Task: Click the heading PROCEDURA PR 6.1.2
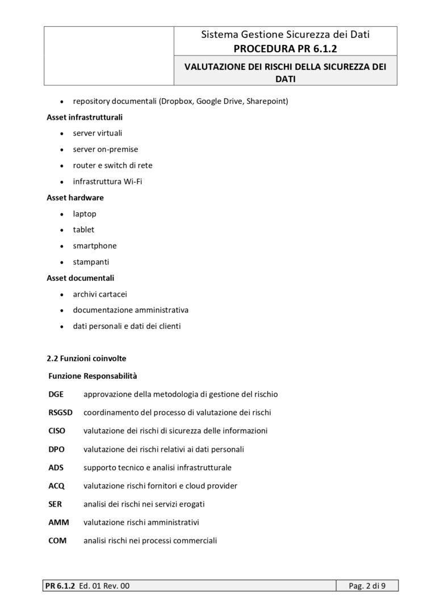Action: click(x=285, y=49)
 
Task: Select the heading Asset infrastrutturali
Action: click(x=84, y=117)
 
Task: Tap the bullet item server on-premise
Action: click(x=105, y=149)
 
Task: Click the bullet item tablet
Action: click(x=83, y=230)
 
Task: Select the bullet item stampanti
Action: click(x=91, y=262)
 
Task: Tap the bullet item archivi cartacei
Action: click(x=100, y=294)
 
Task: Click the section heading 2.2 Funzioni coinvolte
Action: click(x=86, y=358)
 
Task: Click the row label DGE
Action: click(x=56, y=394)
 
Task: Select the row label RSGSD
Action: click(x=61, y=412)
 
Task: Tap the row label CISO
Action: click(x=57, y=431)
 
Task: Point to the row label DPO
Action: click(x=56, y=449)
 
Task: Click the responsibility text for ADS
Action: click(x=157, y=467)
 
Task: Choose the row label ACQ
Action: click(x=57, y=486)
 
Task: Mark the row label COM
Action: click(x=57, y=541)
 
